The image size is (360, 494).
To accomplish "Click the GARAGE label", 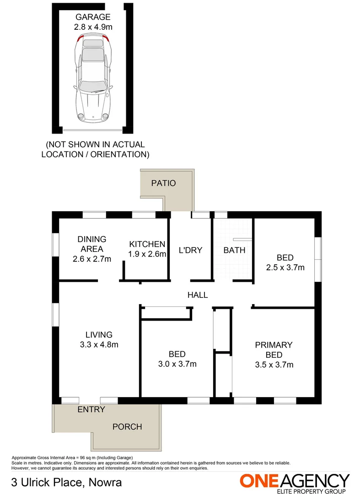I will click(93, 17).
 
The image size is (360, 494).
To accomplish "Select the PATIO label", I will click(163, 183).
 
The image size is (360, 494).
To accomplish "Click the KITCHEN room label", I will click(147, 244).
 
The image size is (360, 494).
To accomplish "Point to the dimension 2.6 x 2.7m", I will click(91, 259).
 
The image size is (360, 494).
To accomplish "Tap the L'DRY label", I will click(190, 250).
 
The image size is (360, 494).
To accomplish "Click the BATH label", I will click(234, 250).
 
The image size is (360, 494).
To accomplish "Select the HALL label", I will click(198, 295).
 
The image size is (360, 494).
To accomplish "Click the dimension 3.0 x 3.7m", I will click(177, 364).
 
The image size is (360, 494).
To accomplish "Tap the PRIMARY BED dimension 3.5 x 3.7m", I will click(274, 365).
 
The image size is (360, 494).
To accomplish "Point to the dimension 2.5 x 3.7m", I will click(285, 268).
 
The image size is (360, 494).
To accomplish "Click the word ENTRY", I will click(91, 409).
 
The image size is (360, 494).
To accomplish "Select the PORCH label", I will click(127, 427).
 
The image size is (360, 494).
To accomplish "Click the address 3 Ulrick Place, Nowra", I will click(66, 482).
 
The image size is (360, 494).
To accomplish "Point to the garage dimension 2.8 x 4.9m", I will click(93, 27).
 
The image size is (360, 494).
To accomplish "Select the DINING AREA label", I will click(91, 244).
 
